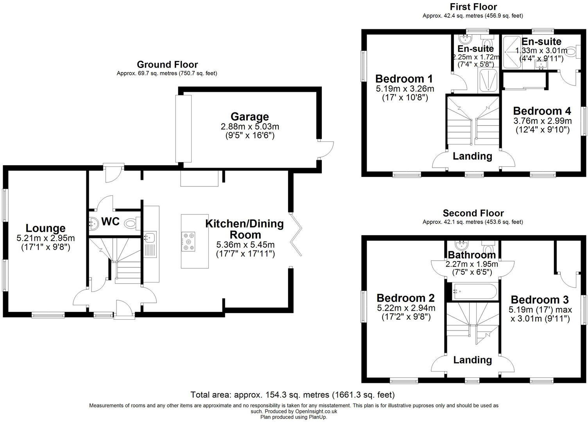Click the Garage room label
tap(249, 116)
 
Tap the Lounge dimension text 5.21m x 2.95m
tap(46, 238)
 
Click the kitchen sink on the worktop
tap(150, 237)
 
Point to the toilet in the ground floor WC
tap(130, 224)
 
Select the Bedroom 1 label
tap(404, 78)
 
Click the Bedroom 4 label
tap(542, 111)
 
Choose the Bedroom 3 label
tap(540, 300)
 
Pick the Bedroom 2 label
tap(406, 298)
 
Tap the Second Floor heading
tap(473, 213)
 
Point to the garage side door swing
tap(326, 149)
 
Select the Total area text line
tap(292, 395)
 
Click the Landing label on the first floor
tap(472, 156)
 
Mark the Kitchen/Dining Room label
tap(245, 229)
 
